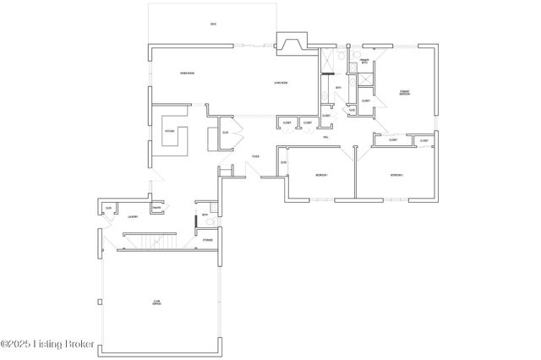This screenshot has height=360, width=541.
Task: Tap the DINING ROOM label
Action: pos(188,74)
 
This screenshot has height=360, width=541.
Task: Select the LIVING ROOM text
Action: pos(281,82)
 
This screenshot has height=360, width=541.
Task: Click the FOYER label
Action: pos(255,157)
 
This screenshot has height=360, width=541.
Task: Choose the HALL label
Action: pos(325,136)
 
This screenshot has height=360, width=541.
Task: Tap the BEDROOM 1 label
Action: pos(321,175)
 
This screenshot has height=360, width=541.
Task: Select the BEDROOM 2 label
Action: pos(396,175)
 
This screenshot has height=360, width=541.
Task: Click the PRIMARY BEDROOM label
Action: pos(405,92)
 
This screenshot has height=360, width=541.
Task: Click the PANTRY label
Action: pos(156,208)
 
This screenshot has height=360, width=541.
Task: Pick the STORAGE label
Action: pos(207,241)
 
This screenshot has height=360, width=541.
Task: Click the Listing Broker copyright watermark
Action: pos(47,345)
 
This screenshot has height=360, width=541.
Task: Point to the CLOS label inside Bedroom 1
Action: pos(283,162)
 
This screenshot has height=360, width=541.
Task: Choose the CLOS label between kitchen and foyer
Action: pos(225,133)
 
